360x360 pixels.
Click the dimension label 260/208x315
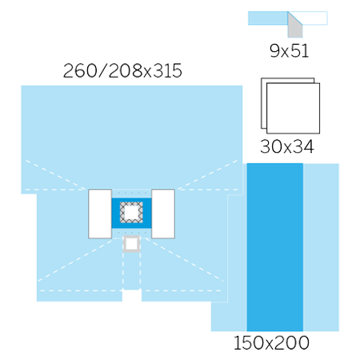[x=122, y=70]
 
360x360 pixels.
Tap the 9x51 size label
[x=289, y=50]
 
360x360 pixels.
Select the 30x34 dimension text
[x=287, y=146]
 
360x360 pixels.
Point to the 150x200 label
[x=271, y=343]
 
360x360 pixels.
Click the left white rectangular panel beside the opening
[x=100, y=214]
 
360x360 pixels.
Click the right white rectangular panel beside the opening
[x=163, y=214]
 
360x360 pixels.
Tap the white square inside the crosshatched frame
[x=131, y=212]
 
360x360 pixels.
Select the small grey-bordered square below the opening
[x=131, y=243]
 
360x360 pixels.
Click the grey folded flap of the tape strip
[x=294, y=29]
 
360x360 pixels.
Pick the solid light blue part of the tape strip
[x=268, y=18]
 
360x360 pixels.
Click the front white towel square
[x=293, y=108]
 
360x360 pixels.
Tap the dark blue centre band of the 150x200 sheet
[x=275, y=247]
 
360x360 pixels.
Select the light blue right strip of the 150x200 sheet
[x=321, y=247]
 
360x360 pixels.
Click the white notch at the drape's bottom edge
[x=132, y=295]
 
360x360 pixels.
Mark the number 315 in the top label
[x=168, y=70]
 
